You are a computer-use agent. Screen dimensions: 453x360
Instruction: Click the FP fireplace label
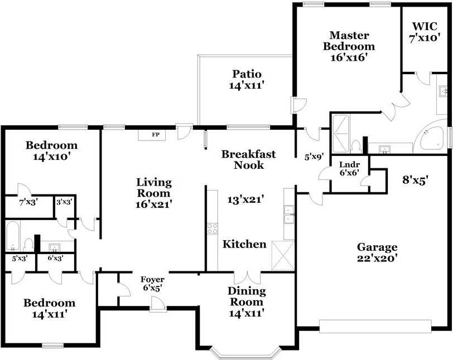pos(156,134)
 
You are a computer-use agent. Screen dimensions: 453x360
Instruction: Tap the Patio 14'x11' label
pos(247,80)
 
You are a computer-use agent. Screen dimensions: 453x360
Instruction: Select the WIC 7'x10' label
pos(425,32)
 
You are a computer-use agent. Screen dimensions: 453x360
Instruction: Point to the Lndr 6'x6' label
pos(350,169)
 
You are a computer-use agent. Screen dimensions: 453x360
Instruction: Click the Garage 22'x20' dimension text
pos(377,252)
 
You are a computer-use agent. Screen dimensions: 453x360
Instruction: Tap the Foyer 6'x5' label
pos(152,284)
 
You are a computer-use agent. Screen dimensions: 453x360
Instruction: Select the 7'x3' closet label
pos(28,202)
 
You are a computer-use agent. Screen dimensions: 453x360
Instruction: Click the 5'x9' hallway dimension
pos(314,157)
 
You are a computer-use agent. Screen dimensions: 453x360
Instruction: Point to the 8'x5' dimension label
pos(415,180)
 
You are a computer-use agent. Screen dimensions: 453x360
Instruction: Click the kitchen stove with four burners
pos(213,228)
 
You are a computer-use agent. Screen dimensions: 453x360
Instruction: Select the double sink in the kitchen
pos(289,215)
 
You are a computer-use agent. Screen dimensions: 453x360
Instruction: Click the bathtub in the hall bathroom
pos(13,236)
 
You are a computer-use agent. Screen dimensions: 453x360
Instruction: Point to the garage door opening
pos(375,326)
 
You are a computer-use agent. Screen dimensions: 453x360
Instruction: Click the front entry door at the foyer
pos(158,305)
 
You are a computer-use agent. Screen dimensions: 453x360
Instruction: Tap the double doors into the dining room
pos(247,278)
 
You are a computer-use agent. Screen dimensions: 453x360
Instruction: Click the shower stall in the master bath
pos(341,134)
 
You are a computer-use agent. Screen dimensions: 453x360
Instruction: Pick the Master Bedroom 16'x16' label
pos(349,46)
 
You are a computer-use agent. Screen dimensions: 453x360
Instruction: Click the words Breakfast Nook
pos(249,159)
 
